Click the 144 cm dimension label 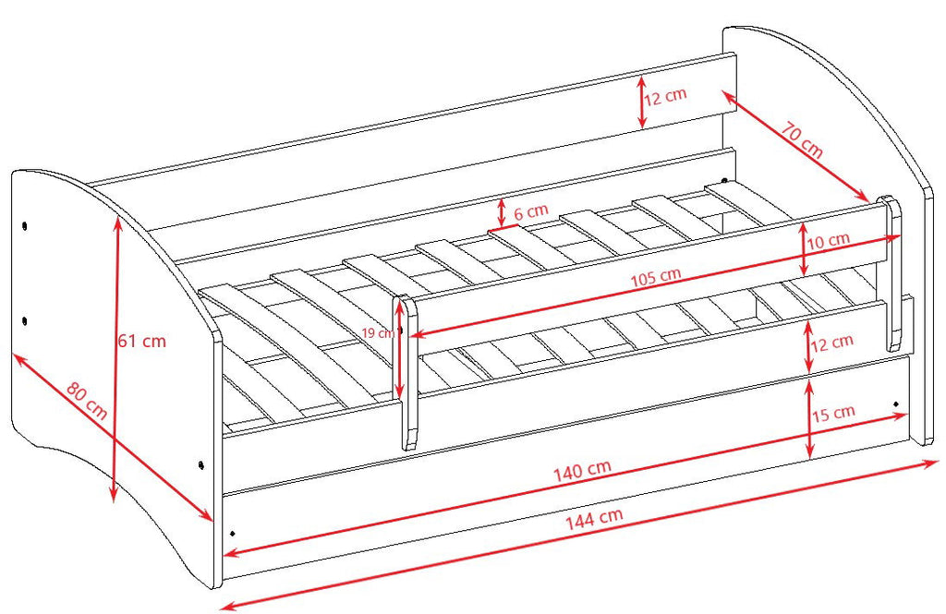click(x=594, y=518)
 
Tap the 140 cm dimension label click(x=582, y=470)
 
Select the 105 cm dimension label click(x=656, y=277)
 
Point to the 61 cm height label click(x=141, y=341)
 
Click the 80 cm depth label click(x=87, y=401)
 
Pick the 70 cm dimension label click(x=802, y=140)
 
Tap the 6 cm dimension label click(x=531, y=211)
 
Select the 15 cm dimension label click(x=833, y=414)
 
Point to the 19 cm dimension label click(x=378, y=332)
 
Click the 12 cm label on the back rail click(x=665, y=97)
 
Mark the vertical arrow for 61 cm click(x=115, y=359)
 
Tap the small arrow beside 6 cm click(x=502, y=212)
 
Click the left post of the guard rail click(x=407, y=371)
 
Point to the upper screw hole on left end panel click(x=25, y=226)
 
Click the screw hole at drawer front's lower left click(x=232, y=533)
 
